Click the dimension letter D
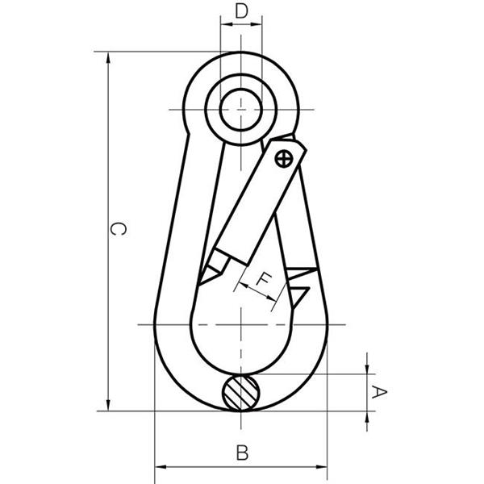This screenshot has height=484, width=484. click(241, 11)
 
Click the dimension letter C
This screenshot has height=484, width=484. click(118, 229)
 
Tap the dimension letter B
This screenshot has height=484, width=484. click(242, 453)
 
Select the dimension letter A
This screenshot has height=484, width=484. click(379, 392)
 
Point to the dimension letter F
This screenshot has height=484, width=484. click(264, 280)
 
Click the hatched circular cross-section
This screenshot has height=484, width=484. click(241, 393)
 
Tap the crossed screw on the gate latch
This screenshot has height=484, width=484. click(283, 159)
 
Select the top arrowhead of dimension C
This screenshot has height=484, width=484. click(108, 57)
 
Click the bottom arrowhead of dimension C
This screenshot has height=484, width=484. click(108, 405)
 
